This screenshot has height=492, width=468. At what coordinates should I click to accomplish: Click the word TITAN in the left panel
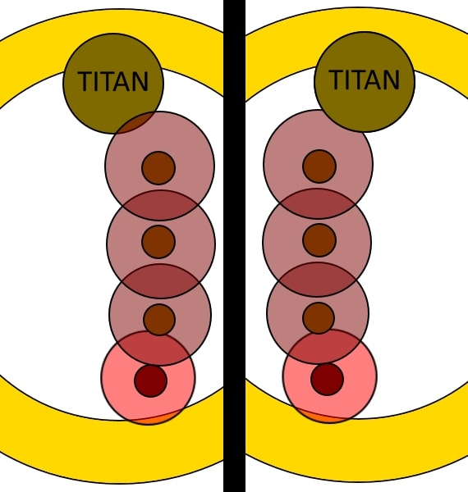[x=113, y=81]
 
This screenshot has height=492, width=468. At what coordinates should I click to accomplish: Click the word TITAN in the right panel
[x=364, y=80]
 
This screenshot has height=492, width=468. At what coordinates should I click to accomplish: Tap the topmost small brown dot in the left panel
[x=158, y=168]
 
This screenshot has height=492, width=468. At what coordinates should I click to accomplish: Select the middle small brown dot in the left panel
[x=158, y=242]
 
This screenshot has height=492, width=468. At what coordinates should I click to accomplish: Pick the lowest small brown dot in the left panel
[x=159, y=320]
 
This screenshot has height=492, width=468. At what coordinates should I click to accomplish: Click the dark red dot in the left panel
[x=150, y=380]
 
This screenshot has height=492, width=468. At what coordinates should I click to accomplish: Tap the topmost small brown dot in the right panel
[x=319, y=166]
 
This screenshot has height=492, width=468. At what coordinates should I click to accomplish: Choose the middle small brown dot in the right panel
[x=319, y=240]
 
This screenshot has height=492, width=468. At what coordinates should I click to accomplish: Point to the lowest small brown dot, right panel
[x=319, y=318]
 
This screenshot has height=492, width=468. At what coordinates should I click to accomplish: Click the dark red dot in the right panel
[x=328, y=379]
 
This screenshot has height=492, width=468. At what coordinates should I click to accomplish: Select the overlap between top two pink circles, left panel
[x=160, y=205]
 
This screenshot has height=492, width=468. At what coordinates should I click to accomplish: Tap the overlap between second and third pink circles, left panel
[x=160, y=280]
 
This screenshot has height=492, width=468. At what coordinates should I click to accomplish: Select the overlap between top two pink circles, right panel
[x=318, y=203]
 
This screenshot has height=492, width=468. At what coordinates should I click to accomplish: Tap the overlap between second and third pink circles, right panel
[x=318, y=280]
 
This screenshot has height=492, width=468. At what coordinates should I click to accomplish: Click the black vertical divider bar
[x=234, y=246]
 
